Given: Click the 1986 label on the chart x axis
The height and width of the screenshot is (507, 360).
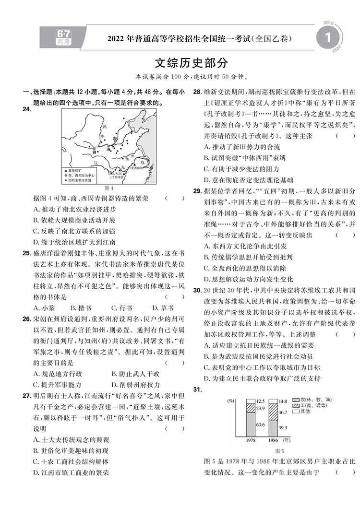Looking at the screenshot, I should (x=273, y=440).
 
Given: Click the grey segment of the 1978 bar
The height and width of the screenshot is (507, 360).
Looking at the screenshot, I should (x=250, y=424).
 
